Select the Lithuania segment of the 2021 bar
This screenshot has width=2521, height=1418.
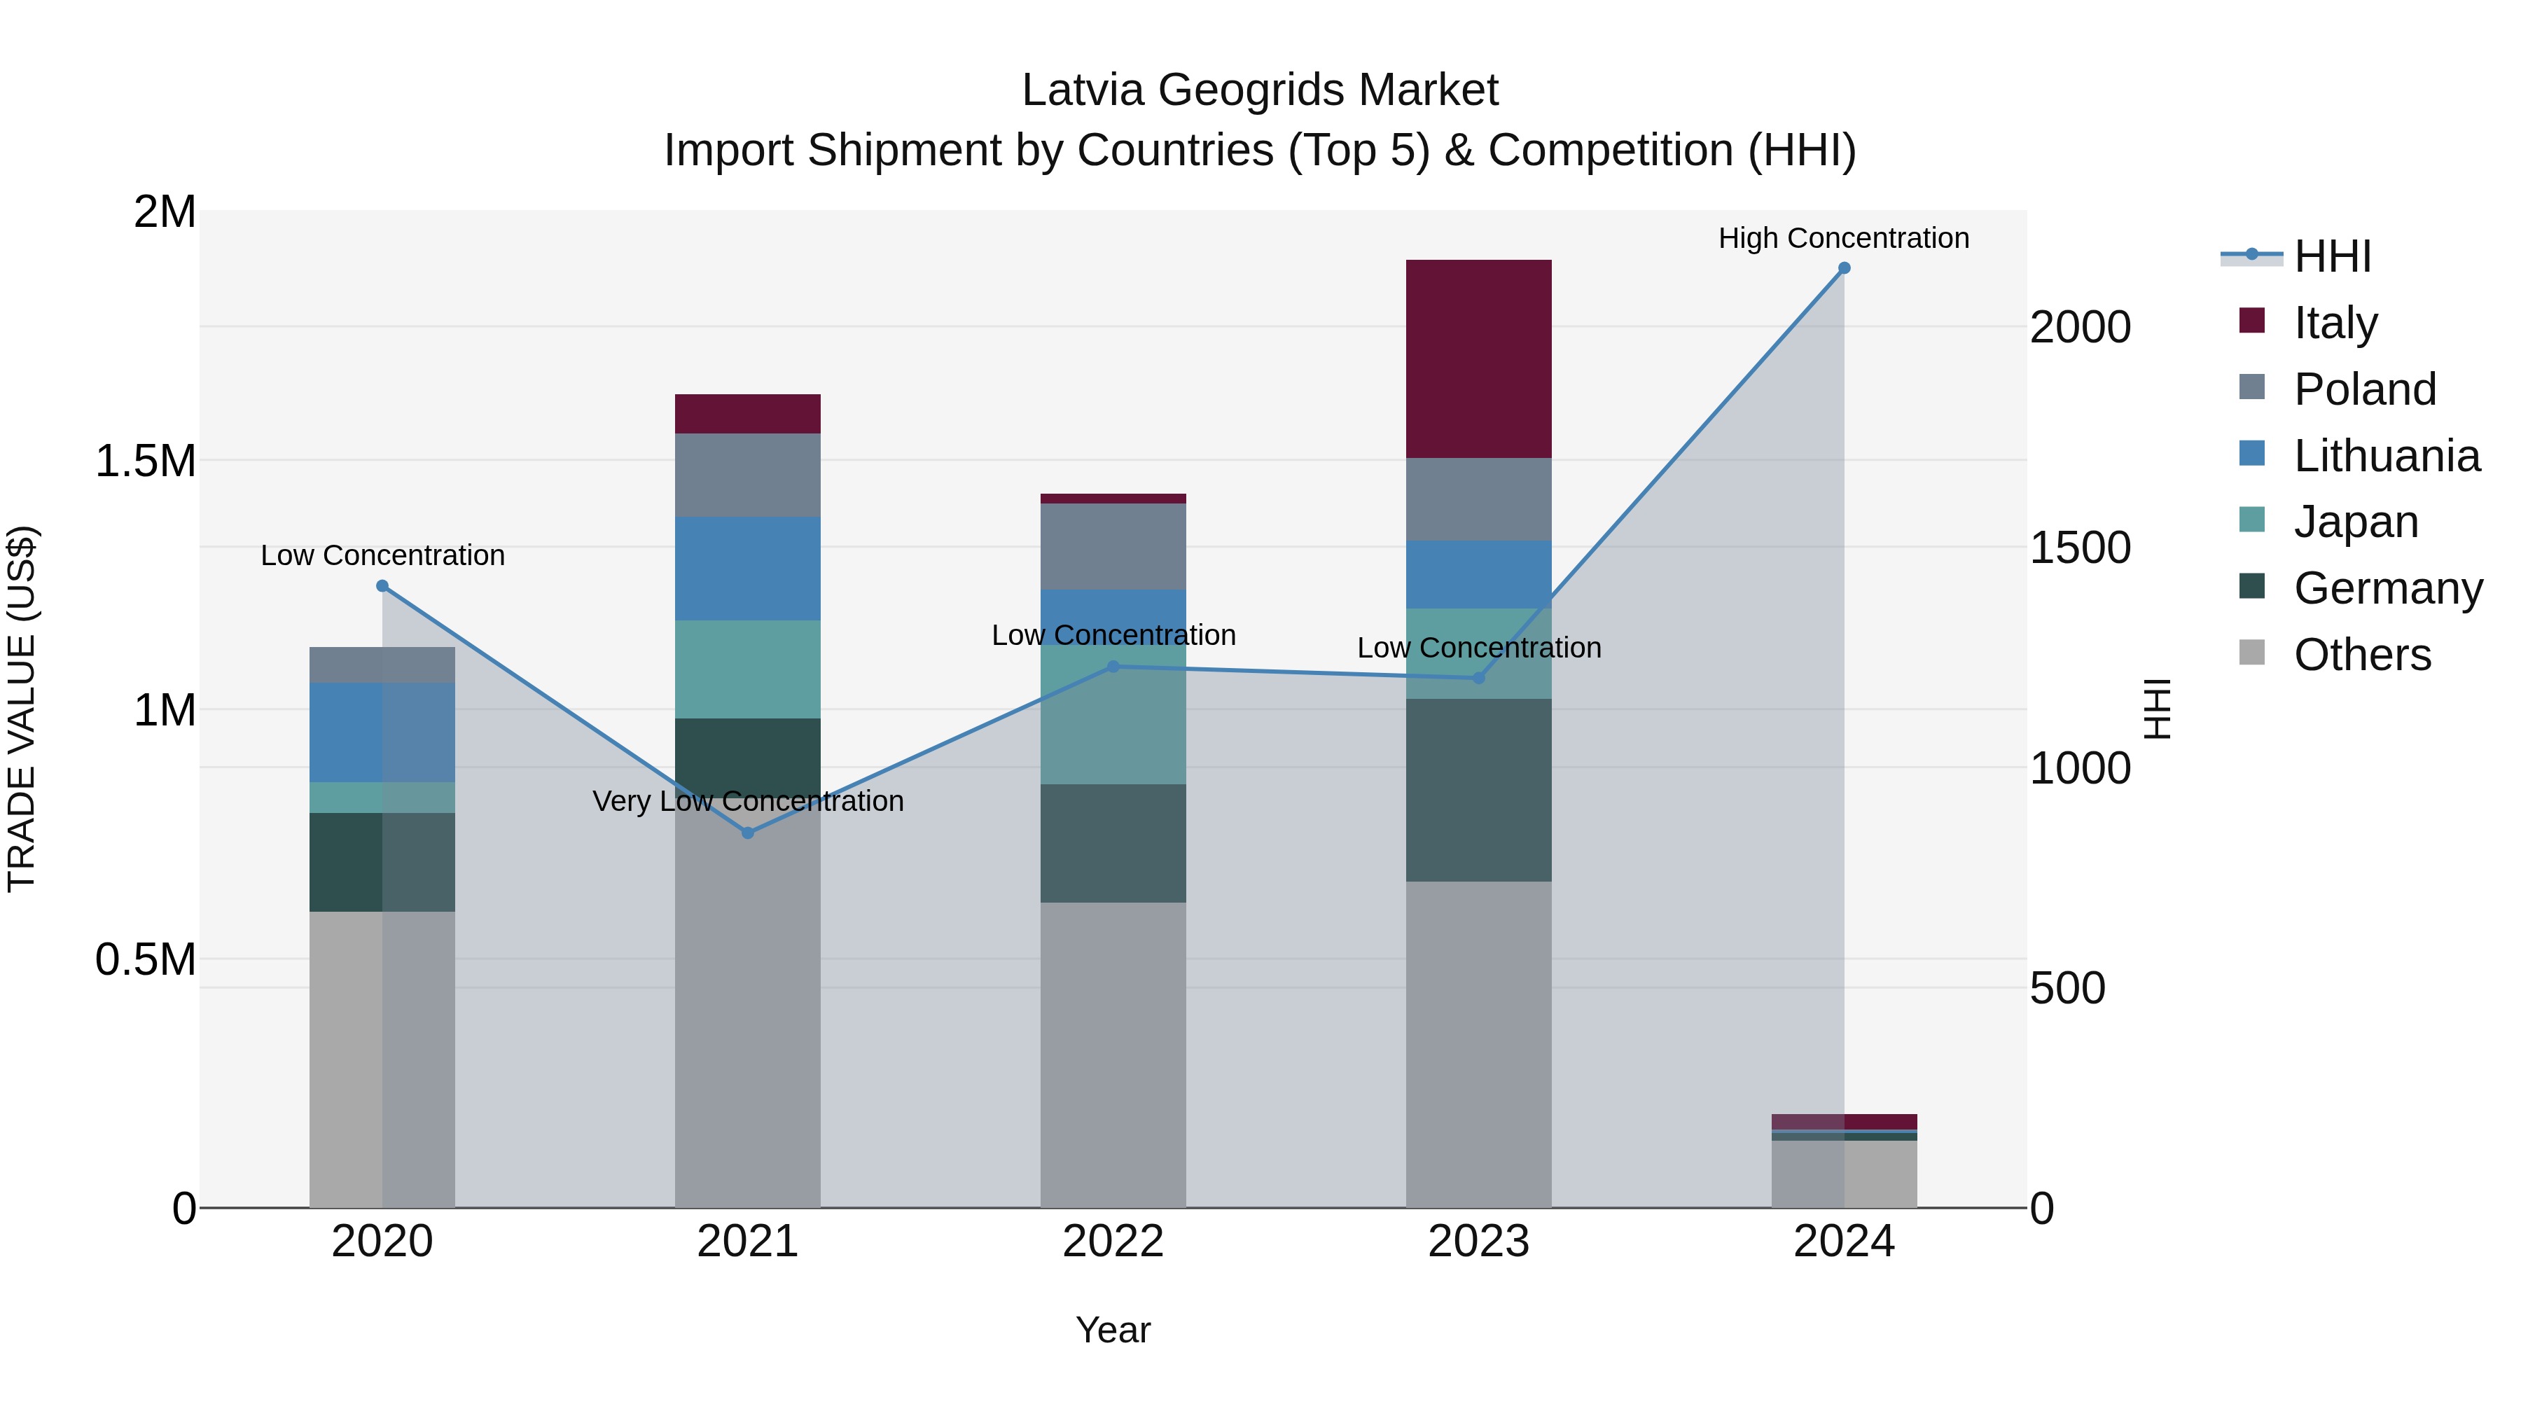click(748, 568)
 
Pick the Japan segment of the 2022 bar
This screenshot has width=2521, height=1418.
click(1113, 714)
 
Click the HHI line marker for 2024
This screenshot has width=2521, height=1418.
click(1844, 268)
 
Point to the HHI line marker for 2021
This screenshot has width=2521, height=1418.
click(748, 833)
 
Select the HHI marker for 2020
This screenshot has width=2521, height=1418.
click(382, 586)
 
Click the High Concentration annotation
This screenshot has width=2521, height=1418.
click(1844, 238)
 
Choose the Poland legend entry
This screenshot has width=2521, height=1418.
click(2363, 389)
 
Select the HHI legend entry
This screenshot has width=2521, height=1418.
click(2331, 256)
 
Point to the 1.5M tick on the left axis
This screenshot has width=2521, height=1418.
click(145, 461)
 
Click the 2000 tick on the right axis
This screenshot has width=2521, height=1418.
click(2080, 327)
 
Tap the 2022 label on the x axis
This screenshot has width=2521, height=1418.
click(1113, 1241)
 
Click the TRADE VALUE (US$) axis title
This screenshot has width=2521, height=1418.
click(22, 709)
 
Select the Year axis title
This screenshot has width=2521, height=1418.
click(1113, 1330)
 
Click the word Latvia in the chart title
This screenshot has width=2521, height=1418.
click(1083, 90)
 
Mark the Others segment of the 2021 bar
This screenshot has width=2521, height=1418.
click(748, 1008)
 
